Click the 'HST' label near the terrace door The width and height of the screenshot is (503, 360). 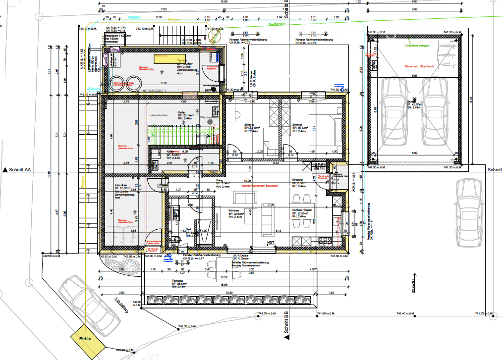(271, 243)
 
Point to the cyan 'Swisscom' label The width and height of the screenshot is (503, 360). (277, 24)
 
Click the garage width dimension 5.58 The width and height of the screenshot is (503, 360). (414, 76)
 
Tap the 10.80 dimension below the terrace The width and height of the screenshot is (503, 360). (229, 293)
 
